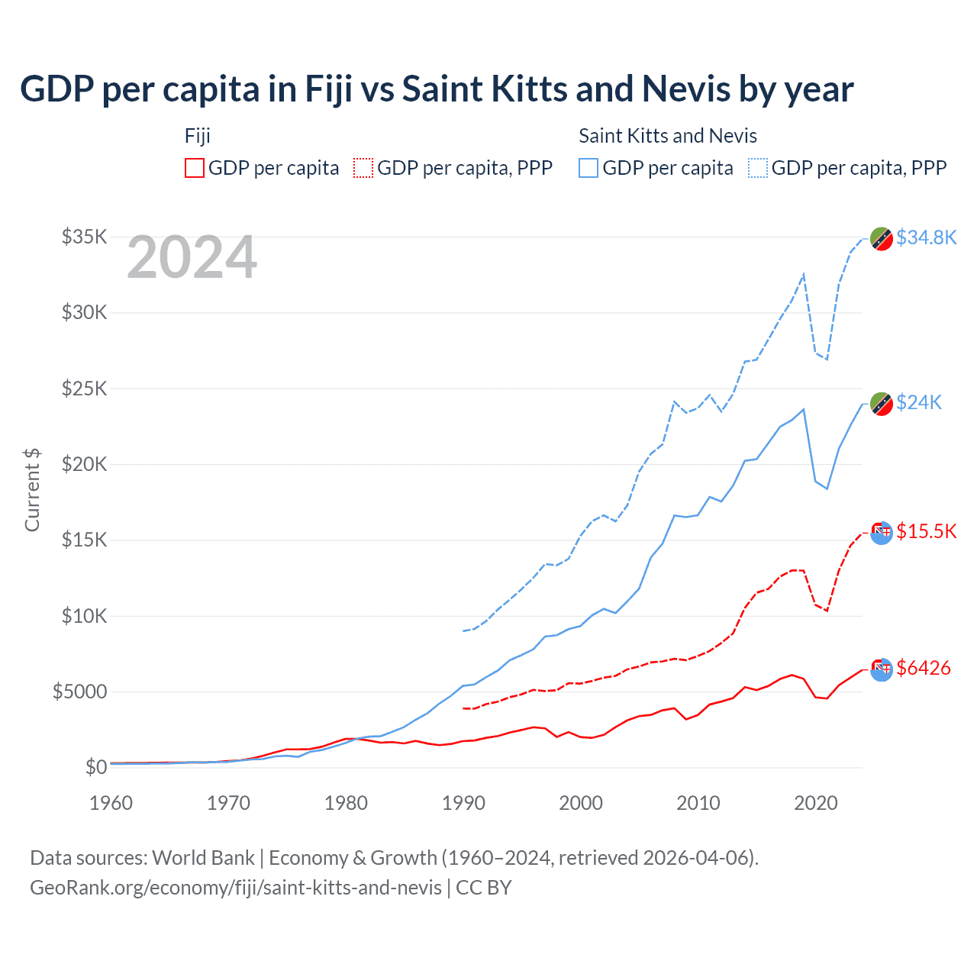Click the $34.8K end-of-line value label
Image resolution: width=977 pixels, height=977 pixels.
click(x=926, y=237)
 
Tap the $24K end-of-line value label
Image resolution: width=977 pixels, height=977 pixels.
click(x=919, y=402)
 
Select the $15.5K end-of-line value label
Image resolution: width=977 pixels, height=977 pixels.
click(x=926, y=531)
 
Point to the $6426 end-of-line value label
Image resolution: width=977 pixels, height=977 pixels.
click(x=924, y=668)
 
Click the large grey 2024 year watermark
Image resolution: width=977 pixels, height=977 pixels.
click(x=192, y=257)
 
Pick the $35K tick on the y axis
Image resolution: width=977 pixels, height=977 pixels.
click(x=84, y=237)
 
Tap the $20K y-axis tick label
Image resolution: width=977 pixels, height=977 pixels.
click(x=84, y=464)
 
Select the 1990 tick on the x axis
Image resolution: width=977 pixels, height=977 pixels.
click(x=463, y=803)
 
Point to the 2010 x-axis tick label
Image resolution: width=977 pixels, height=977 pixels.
click(x=698, y=803)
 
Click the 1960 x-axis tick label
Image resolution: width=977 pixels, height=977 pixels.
click(x=111, y=803)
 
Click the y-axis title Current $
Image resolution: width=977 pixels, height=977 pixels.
click(x=32, y=490)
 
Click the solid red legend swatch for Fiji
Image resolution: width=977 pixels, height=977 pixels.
click(x=195, y=168)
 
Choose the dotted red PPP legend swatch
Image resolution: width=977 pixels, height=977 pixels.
click(x=363, y=168)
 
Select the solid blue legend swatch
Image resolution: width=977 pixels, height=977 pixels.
click(x=588, y=168)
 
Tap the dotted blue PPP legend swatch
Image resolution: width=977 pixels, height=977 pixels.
click(x=758, y=168)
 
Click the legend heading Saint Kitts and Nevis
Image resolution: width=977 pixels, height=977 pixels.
click(x=668, y=136)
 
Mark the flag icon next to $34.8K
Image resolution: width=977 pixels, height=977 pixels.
click(x=882, y=239)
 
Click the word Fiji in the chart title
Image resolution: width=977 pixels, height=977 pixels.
click(x=329, y=89)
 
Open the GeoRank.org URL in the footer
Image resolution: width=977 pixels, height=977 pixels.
click(x=236, y=888)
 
